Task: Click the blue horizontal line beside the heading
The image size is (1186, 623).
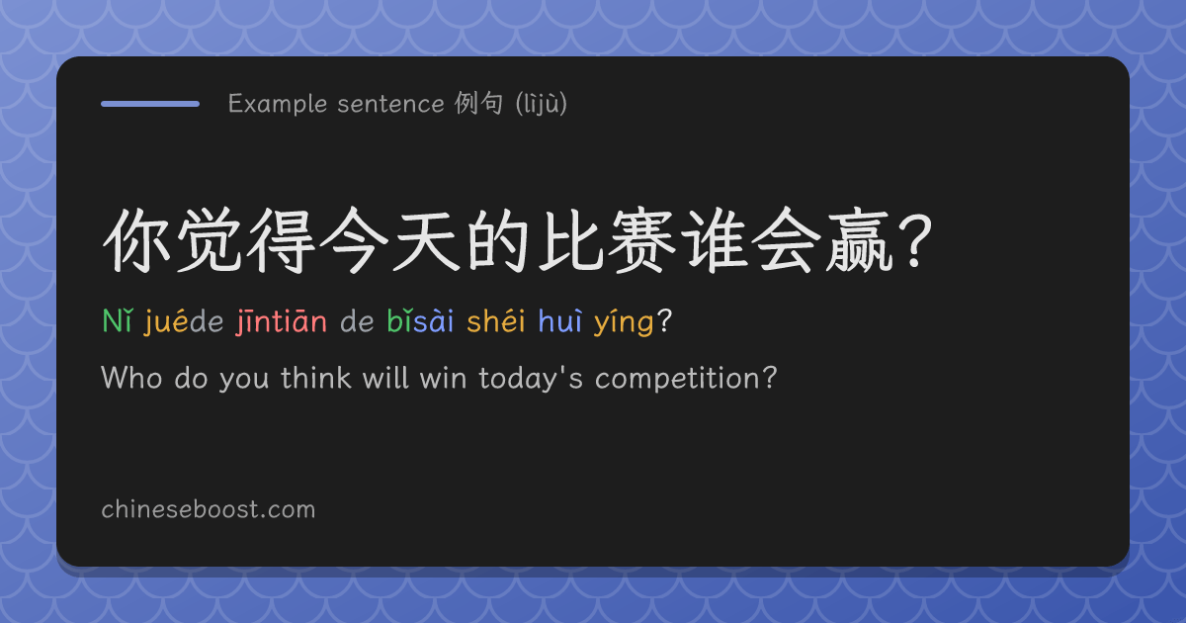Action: tap(150, 104)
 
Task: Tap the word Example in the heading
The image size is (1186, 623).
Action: tap(278, 104)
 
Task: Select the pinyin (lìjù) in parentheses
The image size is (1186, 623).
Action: tap(542, 104)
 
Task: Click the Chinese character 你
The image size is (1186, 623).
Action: tap(136, 240)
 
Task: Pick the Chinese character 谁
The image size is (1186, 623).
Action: tap(716, 240)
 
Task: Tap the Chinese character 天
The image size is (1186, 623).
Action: tap(425, 240)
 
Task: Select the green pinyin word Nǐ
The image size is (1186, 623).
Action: tap(117, 321)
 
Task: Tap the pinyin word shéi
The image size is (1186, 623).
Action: tap(495, 321)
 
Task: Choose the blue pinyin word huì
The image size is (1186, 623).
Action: tap(559, 321)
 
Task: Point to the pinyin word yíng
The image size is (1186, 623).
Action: tap(624, 323)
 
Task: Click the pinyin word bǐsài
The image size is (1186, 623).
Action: tap(420, 321)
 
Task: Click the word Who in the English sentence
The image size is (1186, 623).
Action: tap(131, 378)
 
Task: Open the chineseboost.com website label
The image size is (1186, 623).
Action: tap(209, 509)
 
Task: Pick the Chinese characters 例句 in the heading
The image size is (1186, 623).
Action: tap(478, 103)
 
